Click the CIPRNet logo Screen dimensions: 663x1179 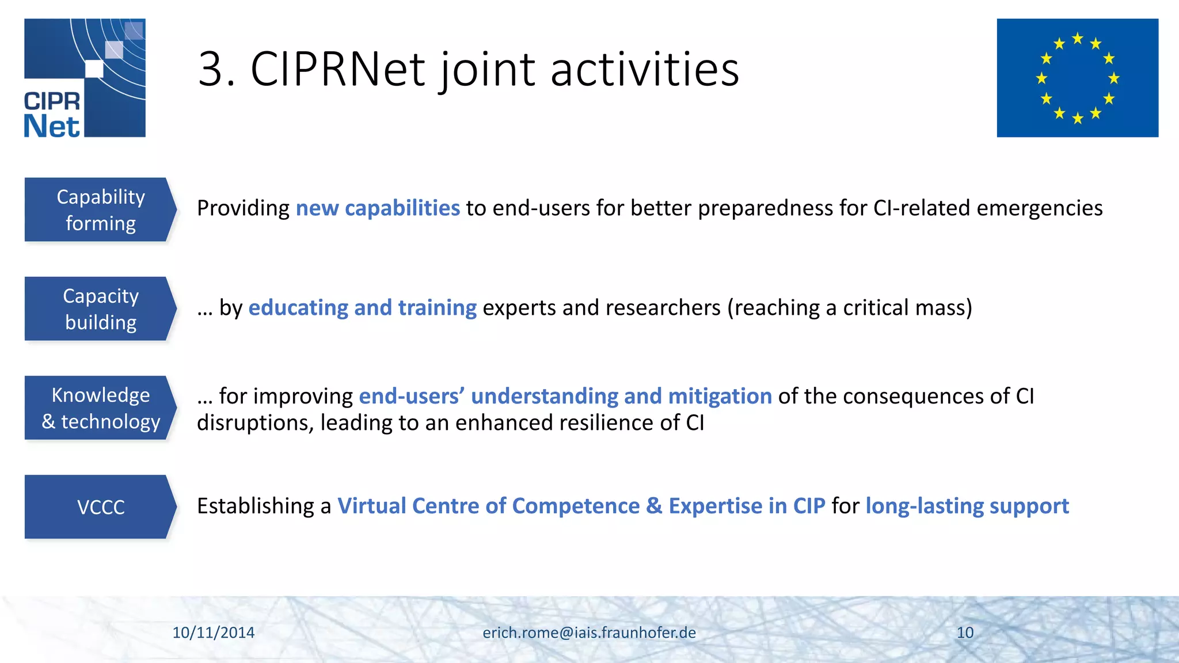[x=85, y=78]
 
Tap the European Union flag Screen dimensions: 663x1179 [x=1077, y=78]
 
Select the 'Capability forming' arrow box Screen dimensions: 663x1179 [x=99, y=209]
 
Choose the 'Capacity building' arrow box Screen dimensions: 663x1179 [x=99, y=309]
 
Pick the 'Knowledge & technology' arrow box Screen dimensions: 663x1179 [x=99, y=408]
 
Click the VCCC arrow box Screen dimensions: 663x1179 [x=99, y=507]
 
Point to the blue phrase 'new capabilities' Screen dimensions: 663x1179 [x=378, y=208]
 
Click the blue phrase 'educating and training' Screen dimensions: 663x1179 [x=362, y=308]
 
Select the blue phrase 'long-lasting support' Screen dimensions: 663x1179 [x=967, y=506]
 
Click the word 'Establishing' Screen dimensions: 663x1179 [x=256, y=506]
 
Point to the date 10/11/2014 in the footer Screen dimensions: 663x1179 [x=214, y=632]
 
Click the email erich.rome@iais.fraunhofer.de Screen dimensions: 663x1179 [x=589, y=632]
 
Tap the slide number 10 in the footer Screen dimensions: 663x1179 [x=965, y=632]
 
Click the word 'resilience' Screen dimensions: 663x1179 [x=606, y=423]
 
